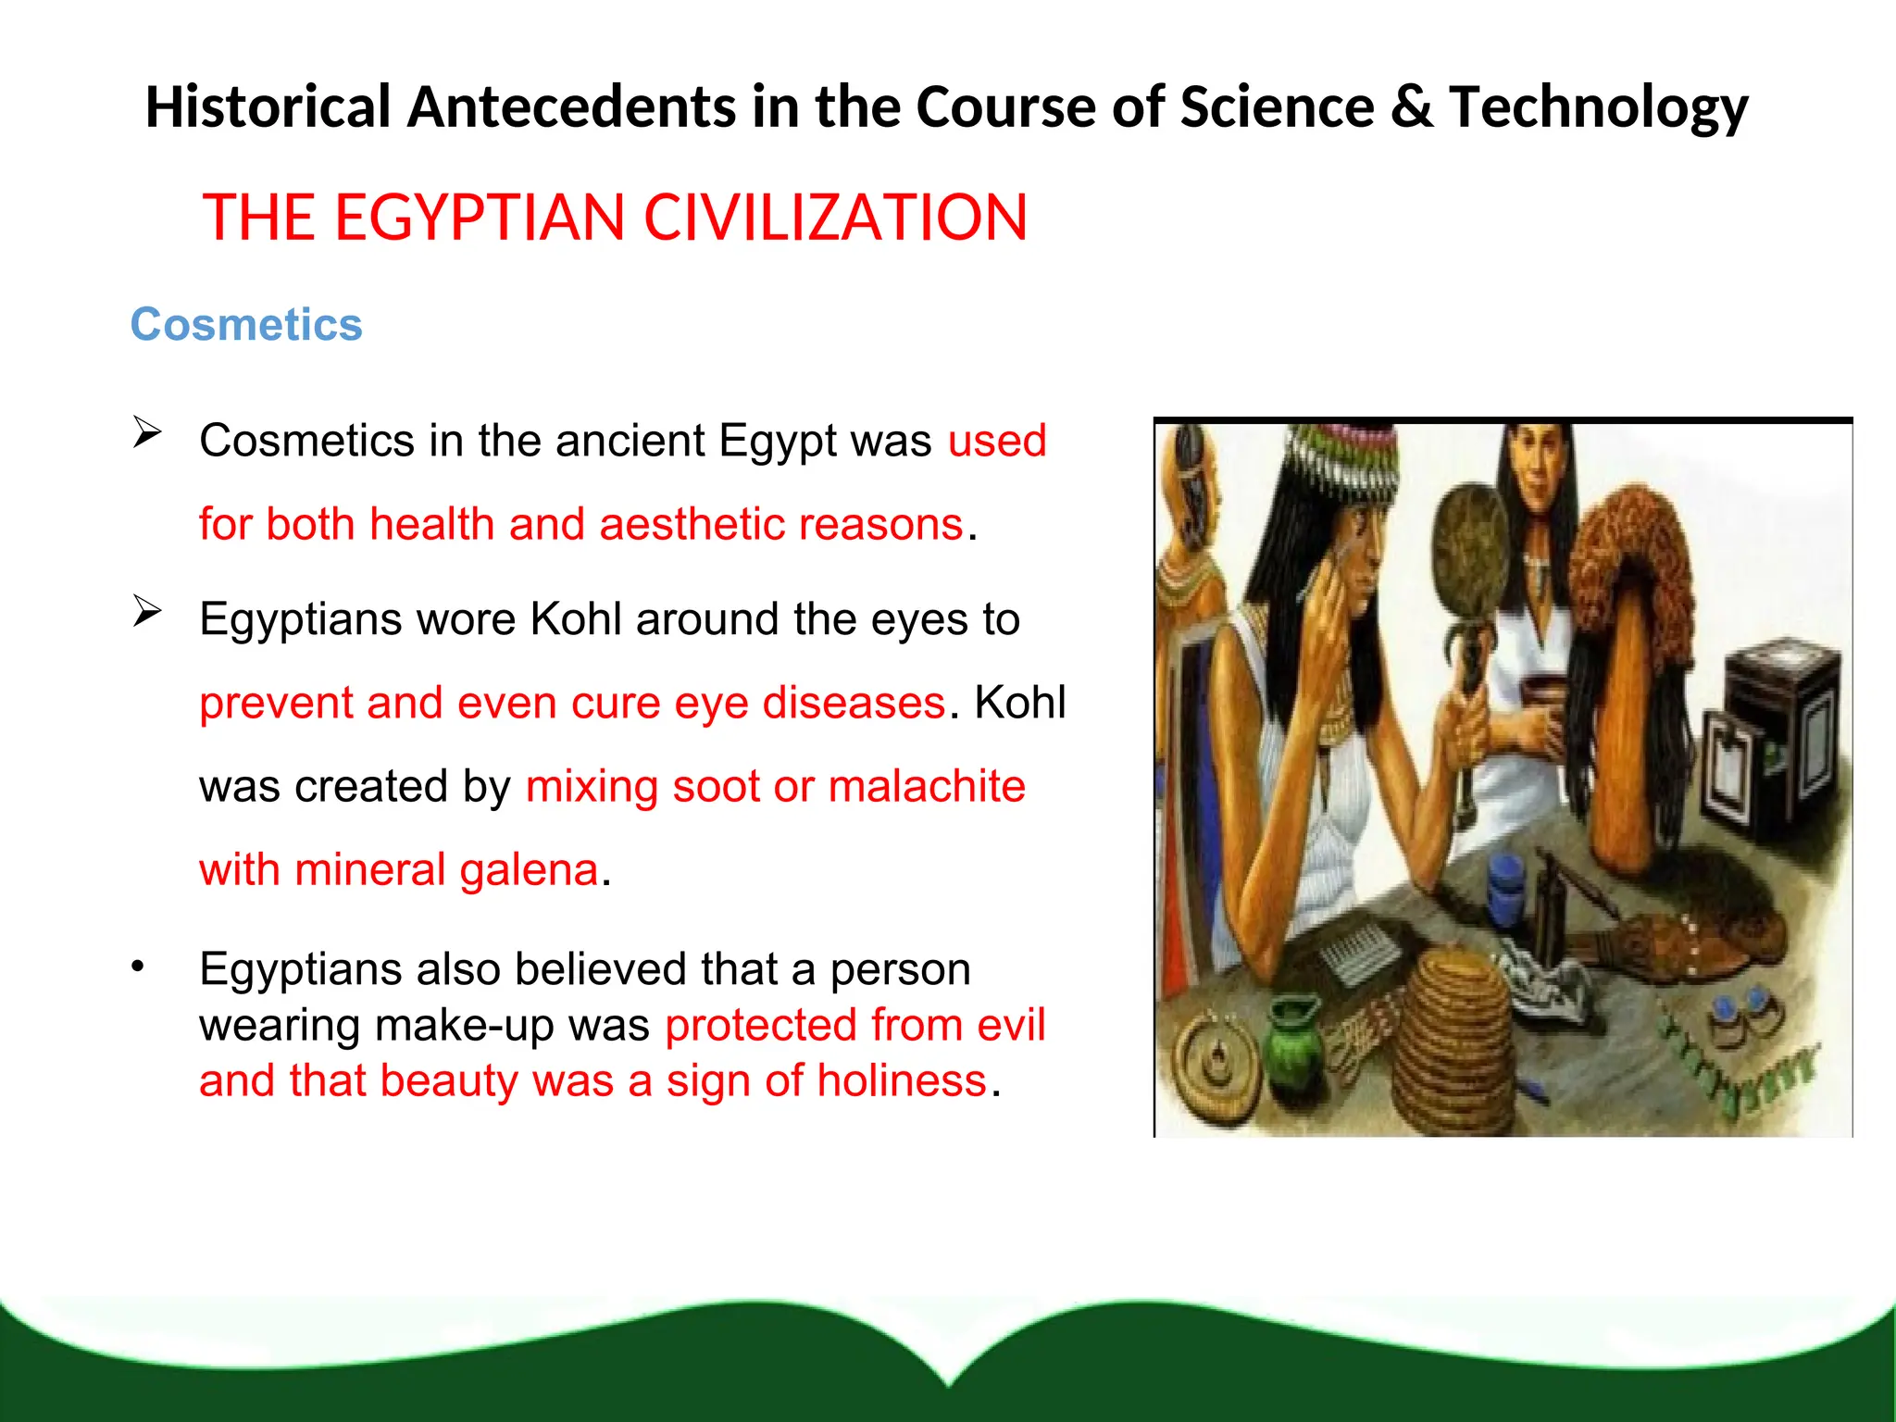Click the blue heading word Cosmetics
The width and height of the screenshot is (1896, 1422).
pyautogui.click(x=246, y=325)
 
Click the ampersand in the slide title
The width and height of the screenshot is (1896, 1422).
pyautogui.click(x=1411, y=106)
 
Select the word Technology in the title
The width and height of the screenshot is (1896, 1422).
pyautogui.click(x=1599, y=108)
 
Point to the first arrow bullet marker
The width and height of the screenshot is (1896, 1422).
pyautogui.click(x=147, y=432)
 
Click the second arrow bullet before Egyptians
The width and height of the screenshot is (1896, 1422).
pyautogui.click(x=147, y=611)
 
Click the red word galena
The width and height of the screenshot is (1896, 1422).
pyautogui.click(x=529, y=870)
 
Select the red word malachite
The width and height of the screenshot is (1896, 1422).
pyautogui.click(x=927, y=787)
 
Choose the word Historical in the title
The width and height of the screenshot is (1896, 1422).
pyautogui.click(x=268, y=106)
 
